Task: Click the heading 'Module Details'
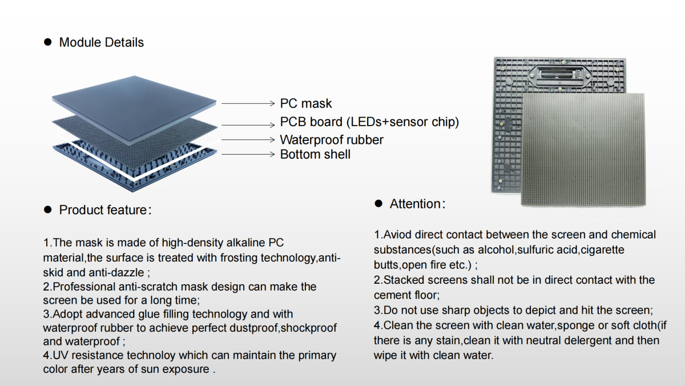102,42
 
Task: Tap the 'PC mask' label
305,103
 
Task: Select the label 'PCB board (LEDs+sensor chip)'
369,122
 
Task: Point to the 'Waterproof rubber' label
331,140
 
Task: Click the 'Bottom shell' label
315,154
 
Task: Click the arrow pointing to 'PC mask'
248,103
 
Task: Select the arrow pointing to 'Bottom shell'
248,154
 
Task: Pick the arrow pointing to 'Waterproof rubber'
248,139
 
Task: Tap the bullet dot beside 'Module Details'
48,42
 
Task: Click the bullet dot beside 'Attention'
378,203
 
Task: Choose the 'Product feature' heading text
103,210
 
